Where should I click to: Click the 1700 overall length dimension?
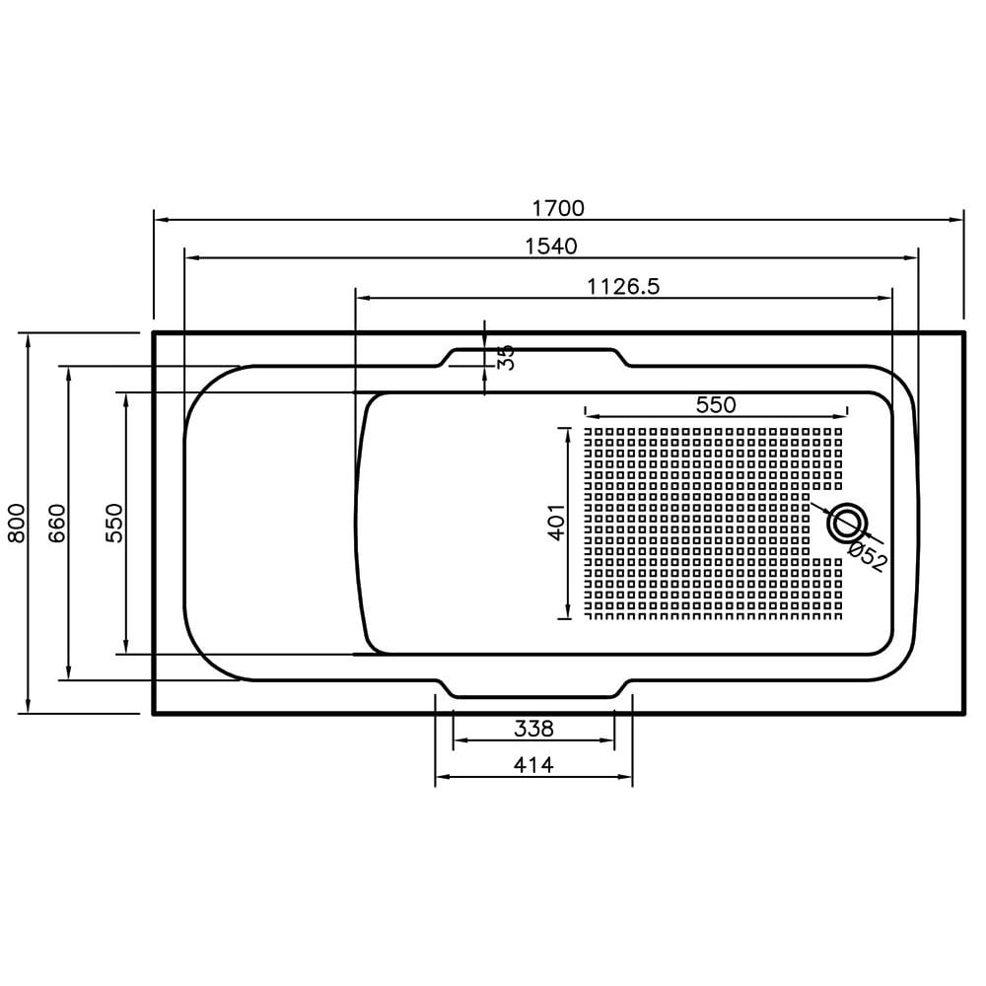pos(558,208)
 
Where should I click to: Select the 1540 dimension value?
pos(550,246)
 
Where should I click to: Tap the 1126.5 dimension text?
pos(622,286)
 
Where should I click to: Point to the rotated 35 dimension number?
pos(507,357)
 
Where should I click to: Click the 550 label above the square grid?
pos(716,403)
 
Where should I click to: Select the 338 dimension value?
pos(533,729)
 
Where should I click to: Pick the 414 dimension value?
pos(533,764)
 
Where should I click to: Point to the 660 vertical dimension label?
pos(55,523)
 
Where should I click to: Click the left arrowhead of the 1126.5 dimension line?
pos(362,296)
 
